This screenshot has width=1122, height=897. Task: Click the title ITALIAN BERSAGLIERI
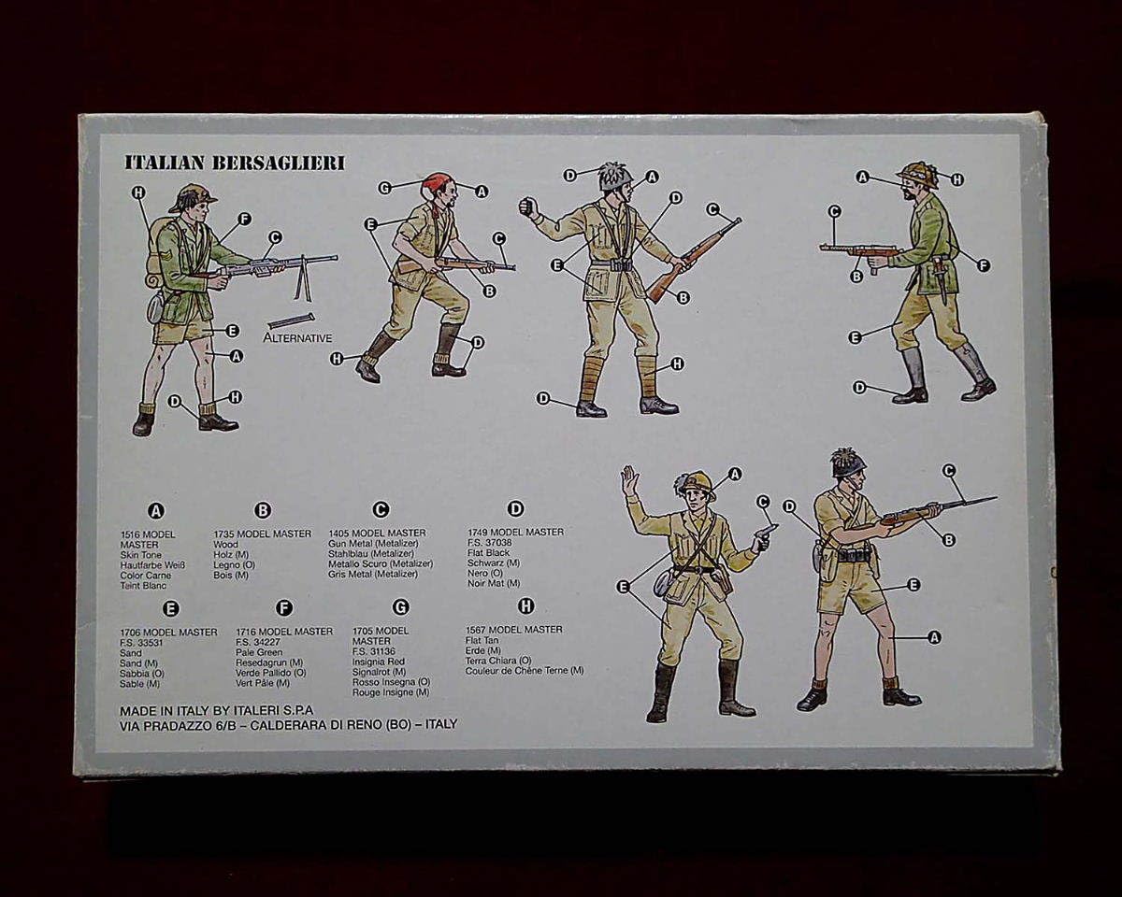[235, 163]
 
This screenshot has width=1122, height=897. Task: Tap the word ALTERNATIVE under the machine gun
[297, 336]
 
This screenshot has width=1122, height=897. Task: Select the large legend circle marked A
[156, 510]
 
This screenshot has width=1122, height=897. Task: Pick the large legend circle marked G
[400, 607]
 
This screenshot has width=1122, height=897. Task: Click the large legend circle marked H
[525, 606]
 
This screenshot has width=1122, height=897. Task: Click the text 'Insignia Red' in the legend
[379, 662]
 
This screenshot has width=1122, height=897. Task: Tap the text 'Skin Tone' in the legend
[141, 555]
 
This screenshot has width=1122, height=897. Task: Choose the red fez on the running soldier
[436, 181]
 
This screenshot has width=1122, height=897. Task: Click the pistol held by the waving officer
[764, 534]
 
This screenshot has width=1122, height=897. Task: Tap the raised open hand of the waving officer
[629, 479]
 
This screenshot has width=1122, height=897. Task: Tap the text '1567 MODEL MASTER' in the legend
[513, 630]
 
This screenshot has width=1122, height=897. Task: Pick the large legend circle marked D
[515, 509]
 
